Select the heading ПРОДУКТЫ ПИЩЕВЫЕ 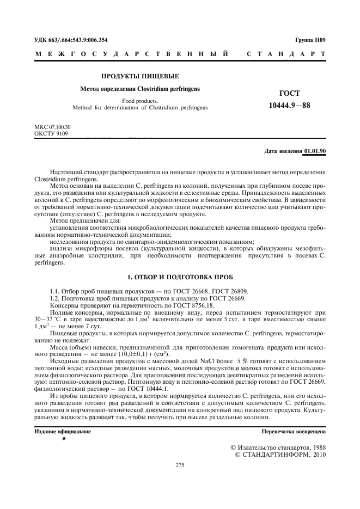click(140, 76)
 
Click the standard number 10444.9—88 click(289, 105)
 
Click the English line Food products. click(140, 101)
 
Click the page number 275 click(180, 465)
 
